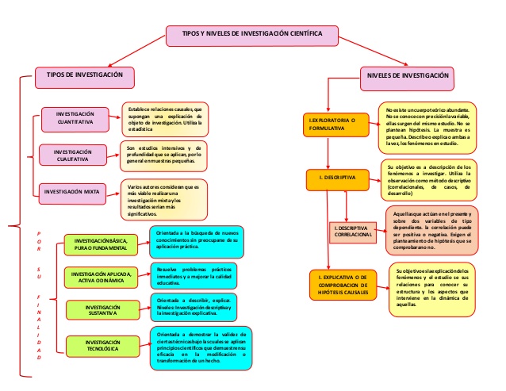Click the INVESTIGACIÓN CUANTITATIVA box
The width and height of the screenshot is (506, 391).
80,120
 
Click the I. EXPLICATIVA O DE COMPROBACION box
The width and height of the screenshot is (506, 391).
343,283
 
